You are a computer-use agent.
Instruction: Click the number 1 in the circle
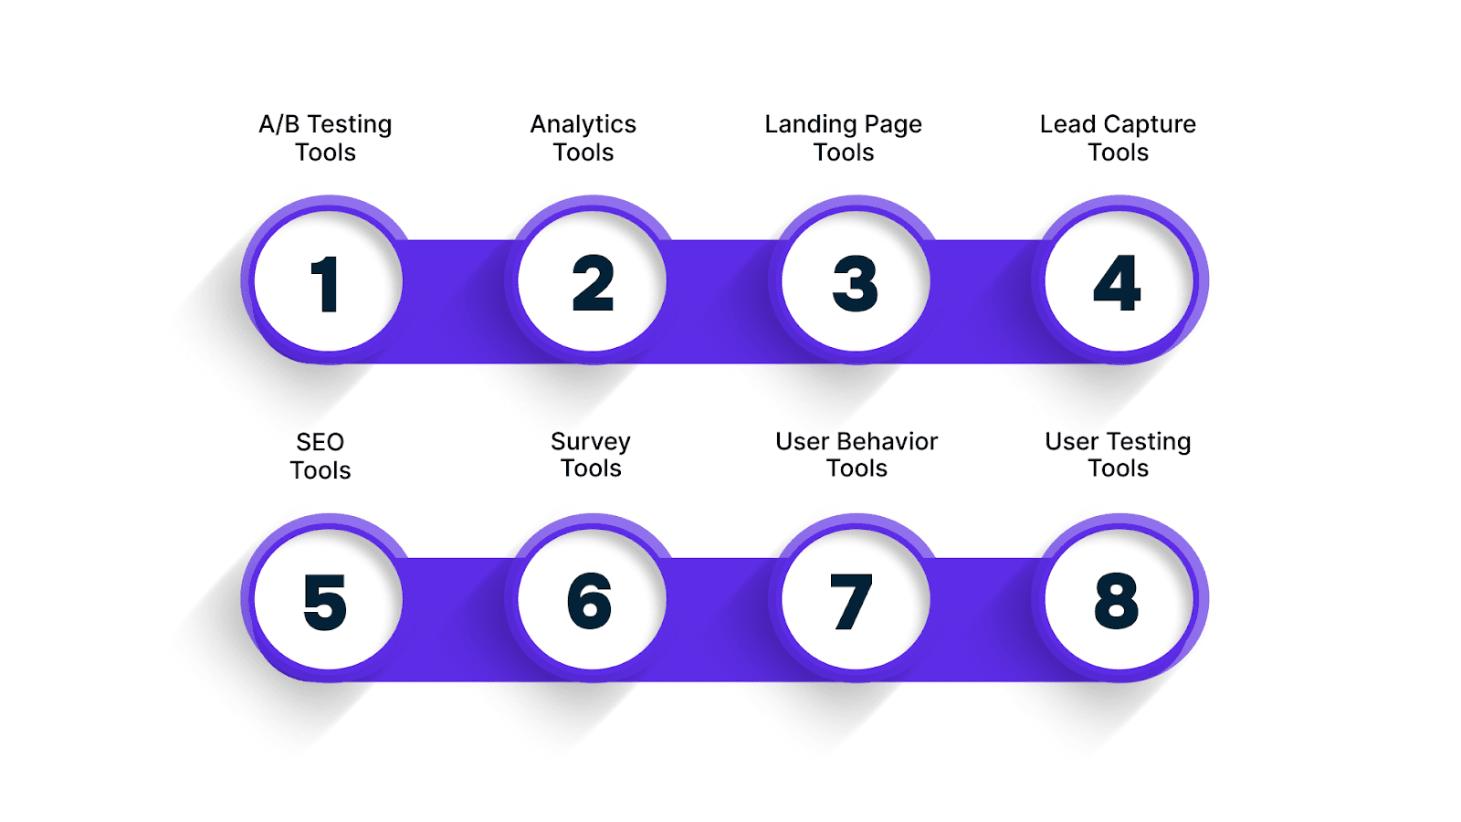(326, 284)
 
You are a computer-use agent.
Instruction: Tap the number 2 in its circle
(593, 284)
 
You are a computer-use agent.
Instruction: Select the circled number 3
(856, 284)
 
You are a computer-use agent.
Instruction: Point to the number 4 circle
(1118, 284)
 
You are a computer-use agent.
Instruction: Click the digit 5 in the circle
(325, 602)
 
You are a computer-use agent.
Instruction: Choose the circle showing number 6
(590, 602)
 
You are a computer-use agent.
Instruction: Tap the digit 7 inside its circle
(852, 602)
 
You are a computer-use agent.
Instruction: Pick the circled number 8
(1117, 602)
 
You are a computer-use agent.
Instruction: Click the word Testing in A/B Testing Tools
(350, 125)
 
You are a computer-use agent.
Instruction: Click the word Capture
(1150, 125)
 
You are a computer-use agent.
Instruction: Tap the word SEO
(320, 442)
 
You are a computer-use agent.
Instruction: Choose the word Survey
(590, 442)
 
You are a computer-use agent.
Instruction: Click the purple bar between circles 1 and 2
(457, 301)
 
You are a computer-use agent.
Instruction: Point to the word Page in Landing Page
(893, 125)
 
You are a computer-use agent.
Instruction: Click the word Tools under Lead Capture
(1118, 153)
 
